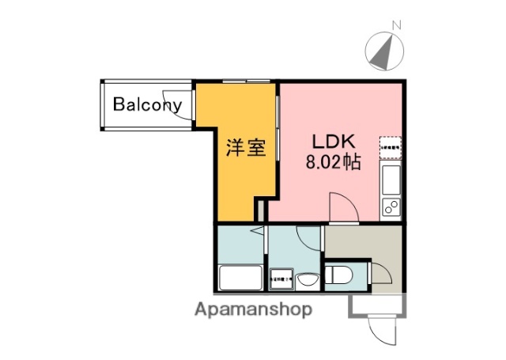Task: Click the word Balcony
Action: (147, 104)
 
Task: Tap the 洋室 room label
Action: (244, 148)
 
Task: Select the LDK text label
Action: (335, 143)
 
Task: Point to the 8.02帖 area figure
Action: (334, 164)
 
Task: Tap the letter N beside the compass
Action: (397, 25)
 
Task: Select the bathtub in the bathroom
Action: (240, 279)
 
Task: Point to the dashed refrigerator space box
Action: (391, 146)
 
